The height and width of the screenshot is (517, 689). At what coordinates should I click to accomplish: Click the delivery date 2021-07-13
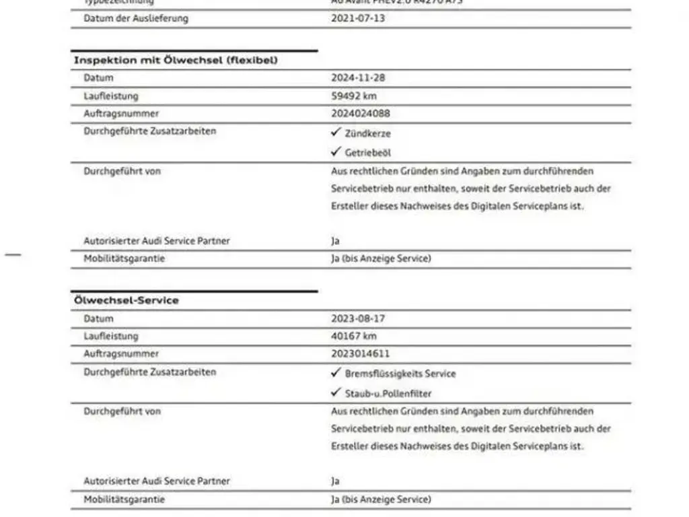coord(358,18)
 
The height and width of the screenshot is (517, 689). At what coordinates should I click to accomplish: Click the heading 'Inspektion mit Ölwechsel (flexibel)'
coord(176,61)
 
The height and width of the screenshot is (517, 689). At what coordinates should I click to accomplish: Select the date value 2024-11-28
coord(358,78)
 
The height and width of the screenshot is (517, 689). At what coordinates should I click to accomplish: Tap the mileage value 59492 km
coord(354,96)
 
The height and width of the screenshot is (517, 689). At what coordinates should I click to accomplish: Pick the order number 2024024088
coord(360,114)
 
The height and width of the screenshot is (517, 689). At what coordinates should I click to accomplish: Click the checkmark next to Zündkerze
coord(336,133)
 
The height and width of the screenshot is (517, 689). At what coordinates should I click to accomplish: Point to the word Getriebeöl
coord(368,153)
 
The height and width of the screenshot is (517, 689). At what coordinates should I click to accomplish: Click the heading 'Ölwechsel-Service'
coord(126,301)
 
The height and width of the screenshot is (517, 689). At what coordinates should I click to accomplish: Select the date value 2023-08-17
coord(358,319)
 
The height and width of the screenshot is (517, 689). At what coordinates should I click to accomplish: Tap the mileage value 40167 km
coord(354,337)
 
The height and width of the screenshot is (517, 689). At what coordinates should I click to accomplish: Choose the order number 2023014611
coord(360,354)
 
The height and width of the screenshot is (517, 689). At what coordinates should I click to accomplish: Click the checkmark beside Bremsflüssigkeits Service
coord(336,373)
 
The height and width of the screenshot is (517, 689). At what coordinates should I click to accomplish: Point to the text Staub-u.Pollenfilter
coord(388,394)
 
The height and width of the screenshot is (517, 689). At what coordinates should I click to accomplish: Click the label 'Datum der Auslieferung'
coord(136,18)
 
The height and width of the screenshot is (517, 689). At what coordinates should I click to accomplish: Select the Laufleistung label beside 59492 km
coord(111,96)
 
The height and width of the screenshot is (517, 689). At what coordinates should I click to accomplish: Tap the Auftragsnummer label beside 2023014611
coord(121,354)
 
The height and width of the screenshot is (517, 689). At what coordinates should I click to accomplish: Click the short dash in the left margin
coord(13,254)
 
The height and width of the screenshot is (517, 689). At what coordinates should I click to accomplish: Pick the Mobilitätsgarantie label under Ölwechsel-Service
coord(124,499)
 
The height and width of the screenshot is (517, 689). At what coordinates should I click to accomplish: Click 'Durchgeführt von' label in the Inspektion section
coord(122,172)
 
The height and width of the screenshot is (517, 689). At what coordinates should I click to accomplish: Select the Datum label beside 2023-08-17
coord(98,319)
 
